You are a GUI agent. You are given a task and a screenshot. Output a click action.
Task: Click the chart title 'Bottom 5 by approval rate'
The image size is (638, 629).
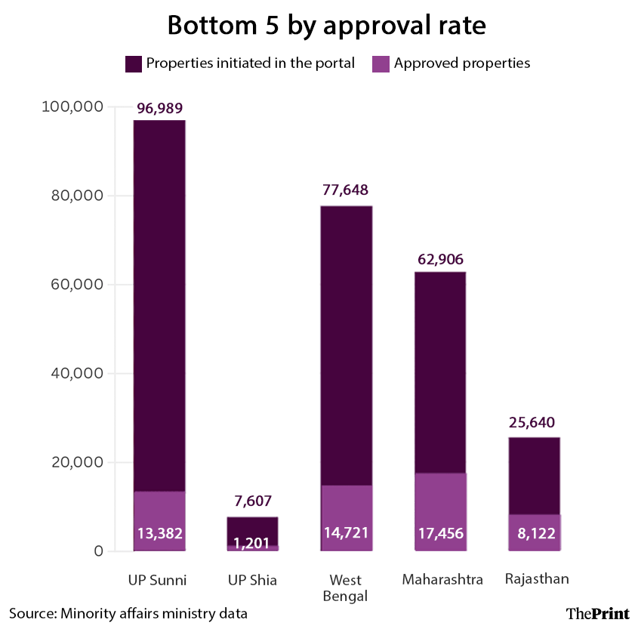[326, 25]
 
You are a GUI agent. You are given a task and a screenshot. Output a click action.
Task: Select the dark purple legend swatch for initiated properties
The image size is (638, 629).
[133, 63]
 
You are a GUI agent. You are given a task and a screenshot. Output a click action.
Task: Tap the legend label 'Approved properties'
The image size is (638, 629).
[461, 63]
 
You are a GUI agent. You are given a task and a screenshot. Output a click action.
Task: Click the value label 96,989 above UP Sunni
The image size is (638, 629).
[159, 109]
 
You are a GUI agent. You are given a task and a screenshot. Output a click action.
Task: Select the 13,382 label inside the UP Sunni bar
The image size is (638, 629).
[159, 534]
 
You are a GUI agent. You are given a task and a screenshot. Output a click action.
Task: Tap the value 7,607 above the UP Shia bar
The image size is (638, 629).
[253, 501]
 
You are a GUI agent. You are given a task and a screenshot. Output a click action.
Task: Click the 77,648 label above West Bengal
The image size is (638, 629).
[347, 190]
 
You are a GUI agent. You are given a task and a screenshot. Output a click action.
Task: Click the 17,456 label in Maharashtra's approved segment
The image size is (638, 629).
[440, 534]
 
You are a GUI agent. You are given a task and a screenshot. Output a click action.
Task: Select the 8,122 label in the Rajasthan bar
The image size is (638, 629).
[534, 534]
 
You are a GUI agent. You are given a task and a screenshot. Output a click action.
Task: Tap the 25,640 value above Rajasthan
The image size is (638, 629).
[534, 422]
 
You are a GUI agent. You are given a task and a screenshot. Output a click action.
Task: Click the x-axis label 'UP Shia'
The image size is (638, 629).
[252, 581]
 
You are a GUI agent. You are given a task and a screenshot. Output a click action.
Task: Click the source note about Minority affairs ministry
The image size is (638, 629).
[128, 613]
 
